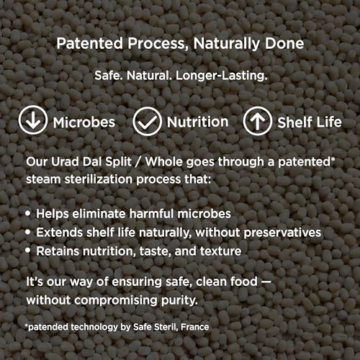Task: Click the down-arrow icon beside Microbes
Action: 33,120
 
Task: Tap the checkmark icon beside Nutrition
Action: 147,122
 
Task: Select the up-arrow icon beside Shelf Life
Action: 258,121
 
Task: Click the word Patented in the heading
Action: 90,43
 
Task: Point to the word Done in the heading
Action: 284,43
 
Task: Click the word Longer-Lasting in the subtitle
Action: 222,76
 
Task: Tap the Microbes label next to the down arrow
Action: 84,122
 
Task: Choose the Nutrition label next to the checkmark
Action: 197,122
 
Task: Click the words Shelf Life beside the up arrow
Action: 310,122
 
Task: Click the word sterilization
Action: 99,179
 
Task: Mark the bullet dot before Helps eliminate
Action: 28,213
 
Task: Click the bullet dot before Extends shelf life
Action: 28,232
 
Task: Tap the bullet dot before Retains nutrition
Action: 28,251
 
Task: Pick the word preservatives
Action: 282,233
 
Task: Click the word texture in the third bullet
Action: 220,251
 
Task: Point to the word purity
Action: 179,300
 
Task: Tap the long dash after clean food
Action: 266,282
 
